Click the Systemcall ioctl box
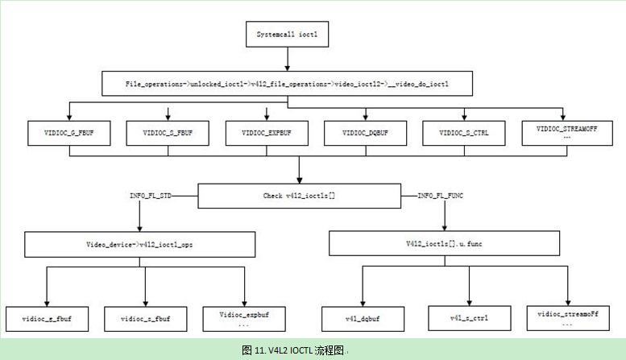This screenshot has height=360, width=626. [288, 35]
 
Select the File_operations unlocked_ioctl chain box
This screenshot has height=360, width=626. [287, 83]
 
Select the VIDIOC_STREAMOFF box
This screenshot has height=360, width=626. [566, 132]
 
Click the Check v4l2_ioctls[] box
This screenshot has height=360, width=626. [299, 195]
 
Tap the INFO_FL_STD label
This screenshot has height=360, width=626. [151, 195]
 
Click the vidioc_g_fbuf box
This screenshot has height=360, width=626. [47, 319]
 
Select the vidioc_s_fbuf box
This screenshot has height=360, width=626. [146, 319]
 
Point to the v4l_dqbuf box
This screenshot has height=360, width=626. [361, 319]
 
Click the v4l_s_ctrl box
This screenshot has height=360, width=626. [469, 319]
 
